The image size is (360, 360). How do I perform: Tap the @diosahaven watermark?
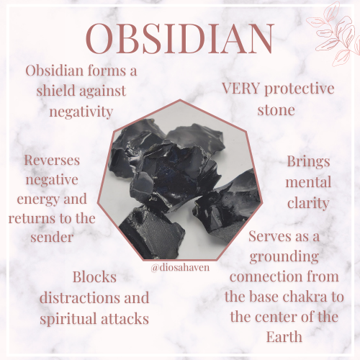coord(181,267)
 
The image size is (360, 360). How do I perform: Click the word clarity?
coord(307,204)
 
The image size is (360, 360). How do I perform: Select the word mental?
coord(307,183)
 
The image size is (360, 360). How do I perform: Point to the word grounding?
coord(292,258)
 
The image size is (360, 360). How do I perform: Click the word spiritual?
coord(71,318)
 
